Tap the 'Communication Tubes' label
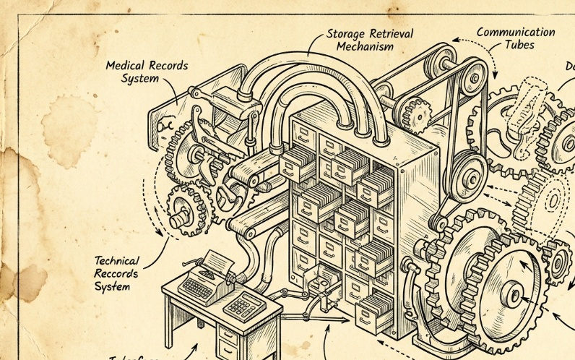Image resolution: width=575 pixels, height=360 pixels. (x=515, y=38)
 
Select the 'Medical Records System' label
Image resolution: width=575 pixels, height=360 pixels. (x=147, y=71)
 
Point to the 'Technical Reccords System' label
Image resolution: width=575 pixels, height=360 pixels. (x=116, y=273)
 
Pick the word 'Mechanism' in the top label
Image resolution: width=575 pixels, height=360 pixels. (x=366, y=47)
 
